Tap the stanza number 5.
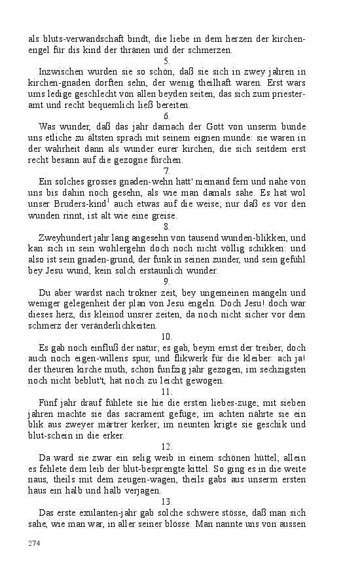click(166, 60)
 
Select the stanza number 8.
click(166, 226)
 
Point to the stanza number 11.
click(166, 391)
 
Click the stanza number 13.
click(166, 502)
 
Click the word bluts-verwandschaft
click(81, 38)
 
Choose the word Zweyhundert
click(66, 238)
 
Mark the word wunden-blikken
click(255, 238)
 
